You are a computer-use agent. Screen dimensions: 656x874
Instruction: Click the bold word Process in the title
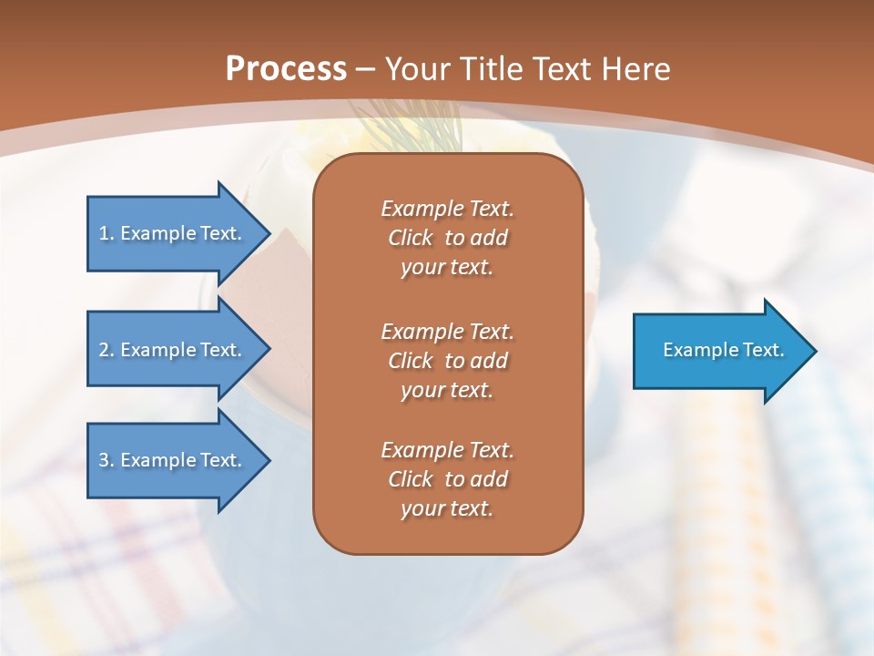[x=286, y=69]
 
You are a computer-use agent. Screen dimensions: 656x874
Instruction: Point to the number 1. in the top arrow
[x=106, y=233]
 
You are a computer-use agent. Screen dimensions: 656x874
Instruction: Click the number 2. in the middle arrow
[x=106, y=350]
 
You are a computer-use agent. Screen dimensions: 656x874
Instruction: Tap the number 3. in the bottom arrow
[x=106, y=460]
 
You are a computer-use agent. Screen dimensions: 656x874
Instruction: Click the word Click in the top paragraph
[x=411, y=238]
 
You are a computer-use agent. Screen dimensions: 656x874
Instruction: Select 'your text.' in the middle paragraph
[x=447, y=390]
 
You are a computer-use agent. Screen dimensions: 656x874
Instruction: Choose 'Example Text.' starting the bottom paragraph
[x=447, y=450]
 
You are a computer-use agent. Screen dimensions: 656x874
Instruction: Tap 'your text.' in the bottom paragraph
[x=447, y=509]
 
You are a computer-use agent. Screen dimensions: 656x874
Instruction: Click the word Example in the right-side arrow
[x=694, y=350]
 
